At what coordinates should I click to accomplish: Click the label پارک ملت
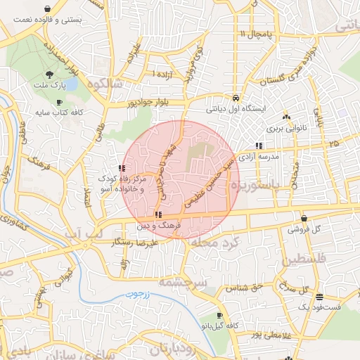coord(49,85)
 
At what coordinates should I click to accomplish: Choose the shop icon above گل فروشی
coord(304,217)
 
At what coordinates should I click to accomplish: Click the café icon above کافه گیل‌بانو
coord(220,315)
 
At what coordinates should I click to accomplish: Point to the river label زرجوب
coord(147,298)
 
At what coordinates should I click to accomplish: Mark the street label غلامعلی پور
coord(257,333)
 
